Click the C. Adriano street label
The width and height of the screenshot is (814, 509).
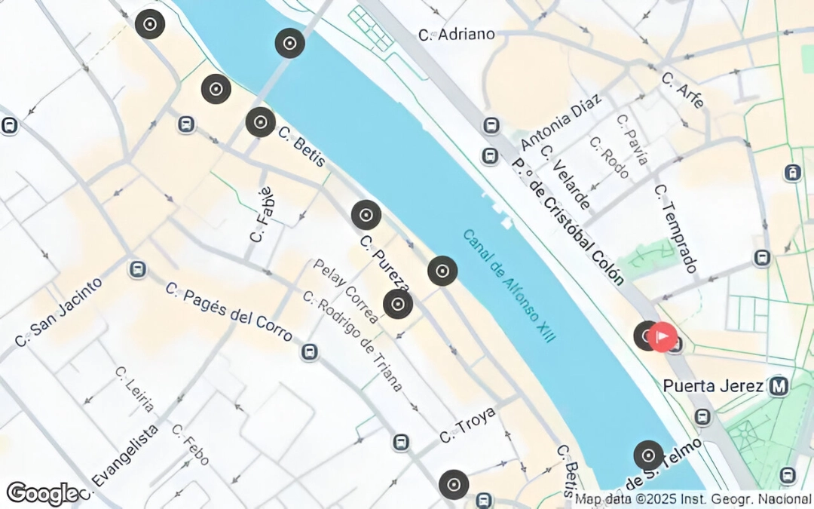coord(457,34)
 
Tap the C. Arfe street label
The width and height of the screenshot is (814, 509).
coord(683,90)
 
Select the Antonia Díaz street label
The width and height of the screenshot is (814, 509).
coord(562,122)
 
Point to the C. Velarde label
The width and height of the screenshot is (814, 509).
coord(565,178)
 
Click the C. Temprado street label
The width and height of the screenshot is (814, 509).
coord(676,228)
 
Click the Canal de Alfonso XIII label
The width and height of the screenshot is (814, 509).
coord(509,286)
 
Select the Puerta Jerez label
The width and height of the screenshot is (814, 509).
coord(712,386)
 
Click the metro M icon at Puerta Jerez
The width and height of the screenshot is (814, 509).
coord(779,387)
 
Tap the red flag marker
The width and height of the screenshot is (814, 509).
coord(663,336)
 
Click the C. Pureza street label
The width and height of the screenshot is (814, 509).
coord(384,265)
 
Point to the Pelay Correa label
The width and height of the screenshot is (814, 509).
coord(346,291)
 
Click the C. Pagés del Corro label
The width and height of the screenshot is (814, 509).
coord(228,311)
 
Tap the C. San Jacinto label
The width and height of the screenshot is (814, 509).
coord(58,313)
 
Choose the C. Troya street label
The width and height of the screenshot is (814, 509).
coord(467,426)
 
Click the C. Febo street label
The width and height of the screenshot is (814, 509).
coord(190,445)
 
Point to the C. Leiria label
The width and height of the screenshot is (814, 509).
coord(135,390)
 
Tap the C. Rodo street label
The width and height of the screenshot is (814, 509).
coord(609,158)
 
